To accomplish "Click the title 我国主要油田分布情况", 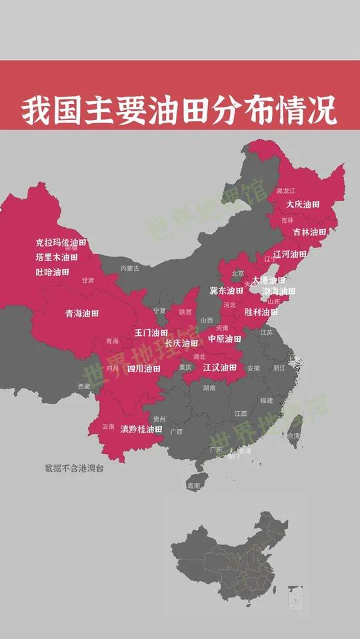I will coord(179,111).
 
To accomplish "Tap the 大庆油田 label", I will coord(303,205).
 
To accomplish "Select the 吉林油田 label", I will coord(310,233).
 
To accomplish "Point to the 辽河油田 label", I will coord(290,255).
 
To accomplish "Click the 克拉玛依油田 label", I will coord(61,243).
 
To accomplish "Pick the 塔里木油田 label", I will coord(57,257).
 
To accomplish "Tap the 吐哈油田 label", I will coord(53,272).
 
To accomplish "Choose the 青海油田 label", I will coord(82,313).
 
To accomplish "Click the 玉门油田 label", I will coord(151,332).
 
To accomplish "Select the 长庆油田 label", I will coord(181,344).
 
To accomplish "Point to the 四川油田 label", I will coord(144,368).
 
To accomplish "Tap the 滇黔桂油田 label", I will coord(141,430).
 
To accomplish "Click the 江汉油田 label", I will coord(220,367).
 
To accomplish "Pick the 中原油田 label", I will coord(225,339).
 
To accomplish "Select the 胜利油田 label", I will coord(261,312).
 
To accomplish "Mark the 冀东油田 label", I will coord(227,291).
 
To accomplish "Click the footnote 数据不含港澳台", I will coord(74,468).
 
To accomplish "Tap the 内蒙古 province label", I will coord(130,269).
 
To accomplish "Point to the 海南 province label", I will coord(193,486).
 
